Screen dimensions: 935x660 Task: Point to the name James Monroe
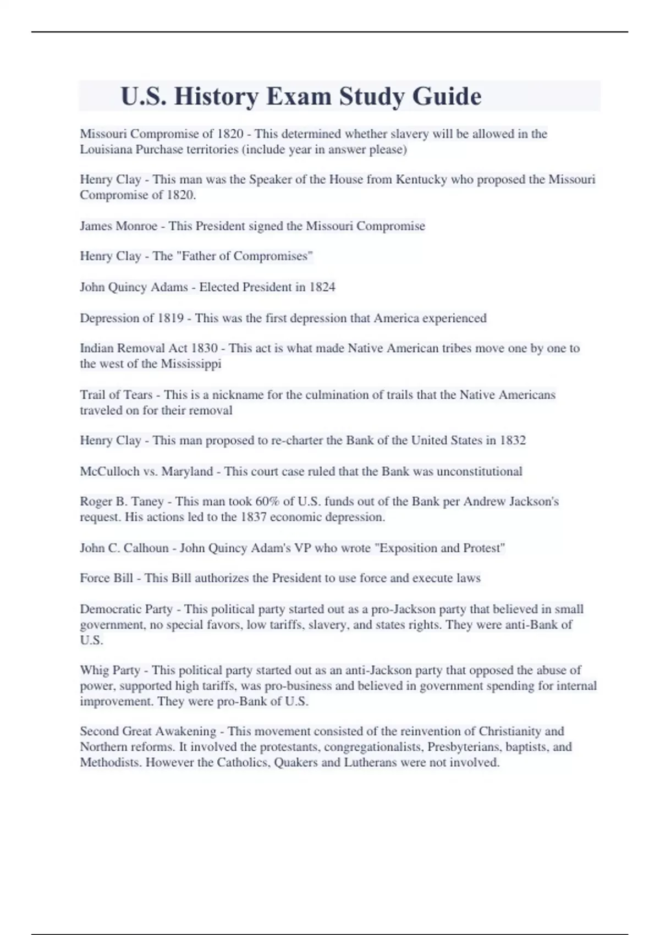pyautogui.click(x=118, y=226)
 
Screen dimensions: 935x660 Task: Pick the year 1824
pyautogui.click(x=322, y=287)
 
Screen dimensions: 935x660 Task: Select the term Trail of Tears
pyautogui.click(x=116, y=395)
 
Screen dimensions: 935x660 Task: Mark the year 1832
pyautogui.click(x=513, y=441)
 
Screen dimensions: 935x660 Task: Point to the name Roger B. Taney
pyautogui.click(x=122, y=502)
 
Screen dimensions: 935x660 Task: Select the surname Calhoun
pyautogui.click(x=145, y=548)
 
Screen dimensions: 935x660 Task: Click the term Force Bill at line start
pyautogui.click(x=106, y=578)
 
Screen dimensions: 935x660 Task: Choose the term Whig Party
pyautogui.click(x=110, y=670)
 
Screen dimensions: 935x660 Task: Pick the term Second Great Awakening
pyautogui.click(x=148, y=732)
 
